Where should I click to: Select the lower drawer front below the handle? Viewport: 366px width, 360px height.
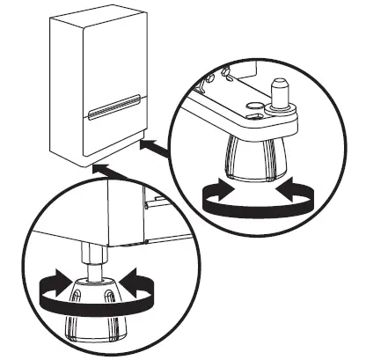pos(115,132)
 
